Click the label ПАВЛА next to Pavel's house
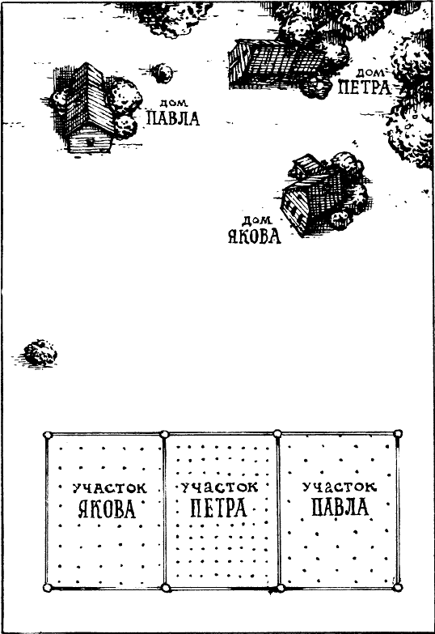pos(173,118)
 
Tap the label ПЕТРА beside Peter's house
pos(365,87)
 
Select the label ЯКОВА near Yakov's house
pos(255,236)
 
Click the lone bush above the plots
pos(40,353)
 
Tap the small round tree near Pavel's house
pos(163,73)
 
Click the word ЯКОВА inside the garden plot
pos(106,508)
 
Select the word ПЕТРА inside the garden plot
pos(218,508)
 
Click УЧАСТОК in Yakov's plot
pos(110,488)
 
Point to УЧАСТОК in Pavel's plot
pos(340,487)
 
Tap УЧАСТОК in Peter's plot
pos(219,487)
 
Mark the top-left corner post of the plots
pos(48,435)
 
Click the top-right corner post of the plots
pos(398,434)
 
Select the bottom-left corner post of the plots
pos(48,588)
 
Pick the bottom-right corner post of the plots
pos(398,587)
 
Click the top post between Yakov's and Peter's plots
pos(164,434)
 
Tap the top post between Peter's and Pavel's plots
pos(277,434)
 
